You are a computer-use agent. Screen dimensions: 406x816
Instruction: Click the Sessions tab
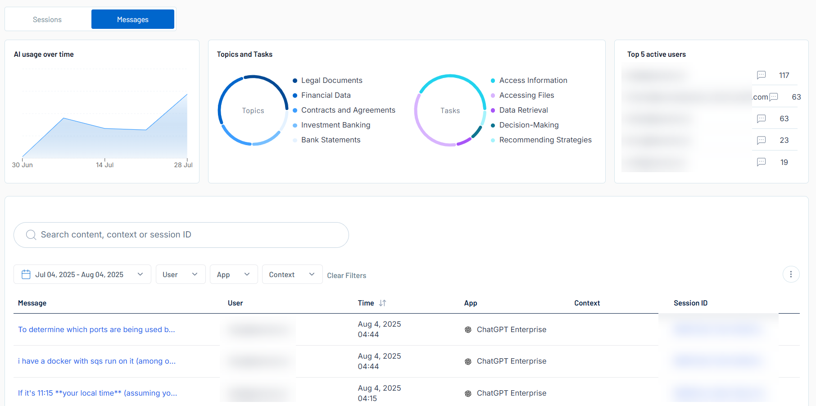tap(47, 19)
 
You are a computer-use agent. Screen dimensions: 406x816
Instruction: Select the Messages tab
tap(132, 19)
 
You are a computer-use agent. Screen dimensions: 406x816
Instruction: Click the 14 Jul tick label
tap(104, 165)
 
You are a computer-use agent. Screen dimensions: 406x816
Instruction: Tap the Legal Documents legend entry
tap(331, 80)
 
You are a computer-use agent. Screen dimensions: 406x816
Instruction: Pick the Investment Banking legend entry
tap(335, 125)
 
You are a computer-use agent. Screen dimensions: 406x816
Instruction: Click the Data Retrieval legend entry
tap(523, 110)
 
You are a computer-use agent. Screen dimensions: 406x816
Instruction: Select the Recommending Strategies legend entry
tap(545, 140)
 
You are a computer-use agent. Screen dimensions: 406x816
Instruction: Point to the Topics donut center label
tap(253, 110)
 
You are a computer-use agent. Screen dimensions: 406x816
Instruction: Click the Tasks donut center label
tap(450, 110)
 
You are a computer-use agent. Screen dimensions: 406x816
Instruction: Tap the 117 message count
tap(784, 75)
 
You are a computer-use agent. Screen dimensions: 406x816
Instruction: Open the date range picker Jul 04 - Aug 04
tap(82, 274)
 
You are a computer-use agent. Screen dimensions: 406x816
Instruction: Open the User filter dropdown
tap(180, 274)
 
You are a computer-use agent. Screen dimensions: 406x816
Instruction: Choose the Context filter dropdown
tap(292, 274)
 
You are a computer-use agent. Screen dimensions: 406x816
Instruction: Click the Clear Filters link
tap(346, 275)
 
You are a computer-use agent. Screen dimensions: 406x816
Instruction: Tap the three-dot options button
tap(791, 274)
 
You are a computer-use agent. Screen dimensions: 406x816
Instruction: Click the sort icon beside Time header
tap(382, 303)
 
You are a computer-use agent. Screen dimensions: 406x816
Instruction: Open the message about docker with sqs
tap(97, 361)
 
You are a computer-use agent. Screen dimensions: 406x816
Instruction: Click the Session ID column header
tap(690, 303)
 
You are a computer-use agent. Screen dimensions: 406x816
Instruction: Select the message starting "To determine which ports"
tap(96, 329)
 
